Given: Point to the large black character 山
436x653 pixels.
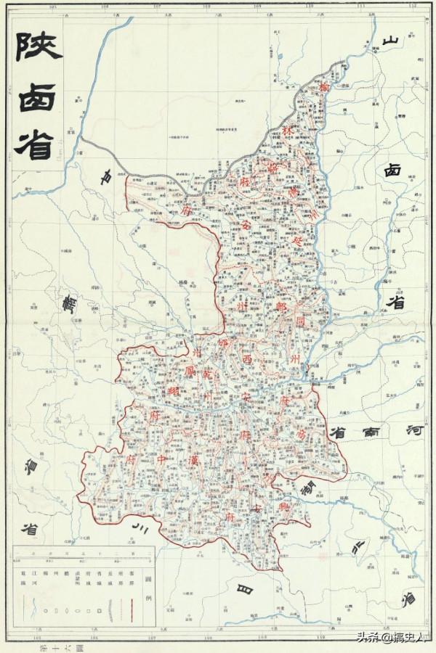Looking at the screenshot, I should tap(392, 42).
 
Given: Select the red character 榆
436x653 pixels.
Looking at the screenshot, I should tap(324, 87).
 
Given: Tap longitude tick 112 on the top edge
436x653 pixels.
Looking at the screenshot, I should tap(412, 6).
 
